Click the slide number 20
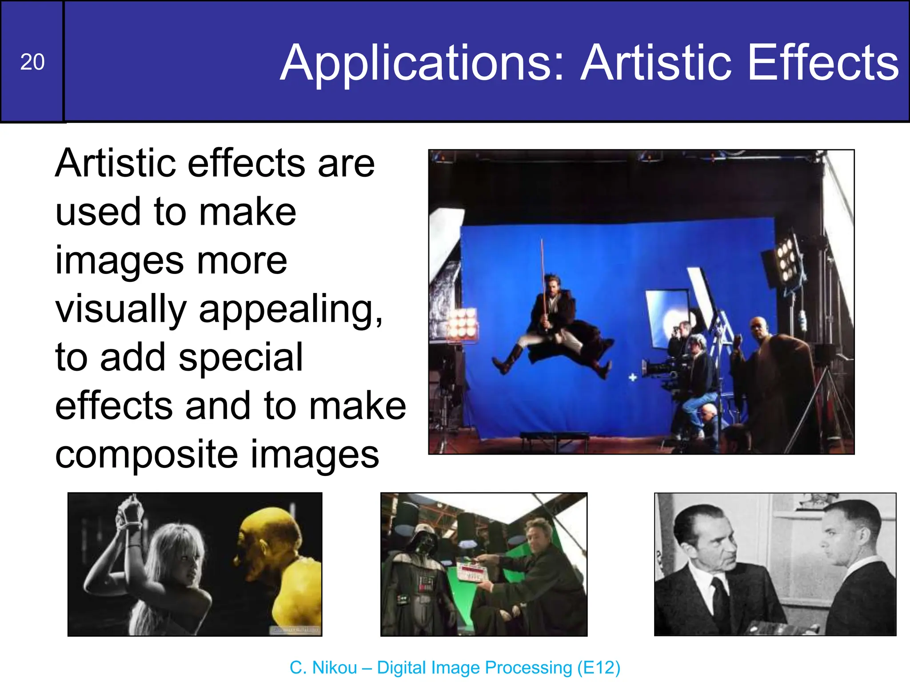pyautogui.click(x=32, y=62)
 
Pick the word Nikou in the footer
pyautogui.click(x=334, y=667)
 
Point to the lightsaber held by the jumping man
pyautogui.click(x=543, y=275)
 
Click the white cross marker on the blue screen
pyautogui.click(x=633, y=377)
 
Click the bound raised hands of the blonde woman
pyautogui.click(x=129, y=515)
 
